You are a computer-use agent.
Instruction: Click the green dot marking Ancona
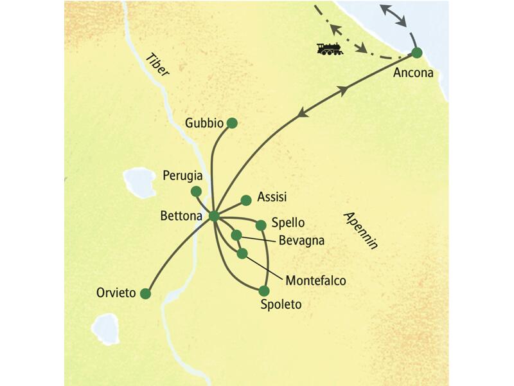(x=416, y=53)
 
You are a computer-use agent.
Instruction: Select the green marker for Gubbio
(x=232, y=122)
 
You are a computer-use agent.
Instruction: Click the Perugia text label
(x=183, y=175)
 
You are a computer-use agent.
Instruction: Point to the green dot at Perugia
(x=197, y=191)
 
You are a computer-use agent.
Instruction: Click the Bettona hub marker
(x=214, y=216)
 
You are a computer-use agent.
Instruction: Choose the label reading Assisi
(x=271, y=197)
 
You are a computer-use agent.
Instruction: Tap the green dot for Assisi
(x=245, y=199)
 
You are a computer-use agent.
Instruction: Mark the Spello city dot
(x=261, y=225)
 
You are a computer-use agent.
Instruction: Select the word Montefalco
(x=315, y=280)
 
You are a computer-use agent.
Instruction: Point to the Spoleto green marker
(x=263, y=291)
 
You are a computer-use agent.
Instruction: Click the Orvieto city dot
(x=146, y=294)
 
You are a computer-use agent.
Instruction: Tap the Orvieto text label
(x=117, y=293)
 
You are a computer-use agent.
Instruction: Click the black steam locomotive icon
(x=330, y=48)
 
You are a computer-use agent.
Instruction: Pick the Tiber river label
(x=157, y=65)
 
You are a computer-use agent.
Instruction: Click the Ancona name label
(x=413, y=73)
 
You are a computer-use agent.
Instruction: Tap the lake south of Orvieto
(x=105, y=329)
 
